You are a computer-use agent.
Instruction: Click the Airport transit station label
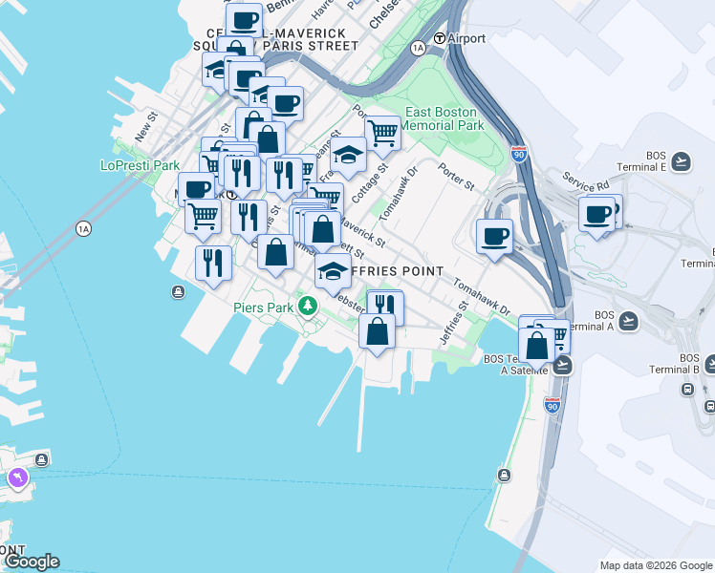pos(466,38)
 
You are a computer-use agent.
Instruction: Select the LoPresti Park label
pos(141,165)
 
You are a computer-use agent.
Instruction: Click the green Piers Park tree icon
pos(307,307)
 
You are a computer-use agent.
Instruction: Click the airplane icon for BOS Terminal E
pos(681,160)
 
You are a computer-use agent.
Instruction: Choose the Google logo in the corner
pos(32,562)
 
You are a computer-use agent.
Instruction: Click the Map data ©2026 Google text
pos(655,565)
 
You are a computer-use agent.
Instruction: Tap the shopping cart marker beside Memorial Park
pos(381,132)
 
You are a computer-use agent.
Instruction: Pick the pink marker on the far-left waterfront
pos(16,477)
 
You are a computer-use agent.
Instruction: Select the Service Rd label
pos(585,181)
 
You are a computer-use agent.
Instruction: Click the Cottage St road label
pos(369,180)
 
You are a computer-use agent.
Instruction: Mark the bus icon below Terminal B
pos(687,390)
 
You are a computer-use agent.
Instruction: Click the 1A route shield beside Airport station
pos(418,47)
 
